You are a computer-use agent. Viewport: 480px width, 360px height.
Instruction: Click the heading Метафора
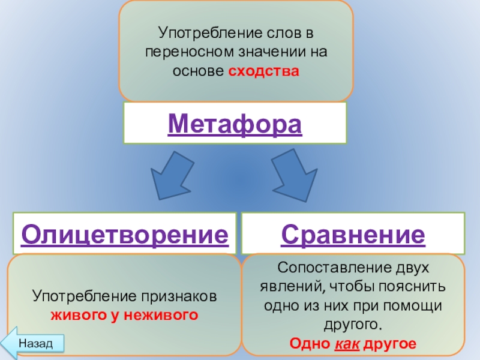pos(235,124)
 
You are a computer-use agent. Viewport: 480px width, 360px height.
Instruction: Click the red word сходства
pos(263,71)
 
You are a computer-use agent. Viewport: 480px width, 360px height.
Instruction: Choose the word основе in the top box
pos(199,71)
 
